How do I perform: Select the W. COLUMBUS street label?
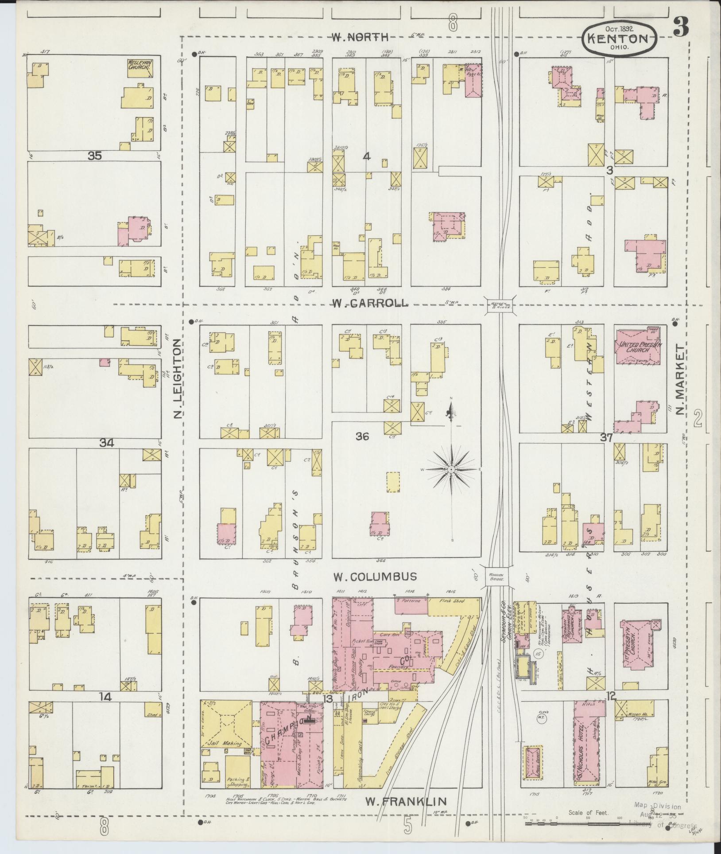pyautogui.click(x=375, y=577)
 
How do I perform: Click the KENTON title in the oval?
pyautogui.click(x=623, y=38)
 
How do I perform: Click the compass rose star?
pyautogui.click(x=451, y=469)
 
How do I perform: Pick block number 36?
pyautogui.click(x=362, y=437)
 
